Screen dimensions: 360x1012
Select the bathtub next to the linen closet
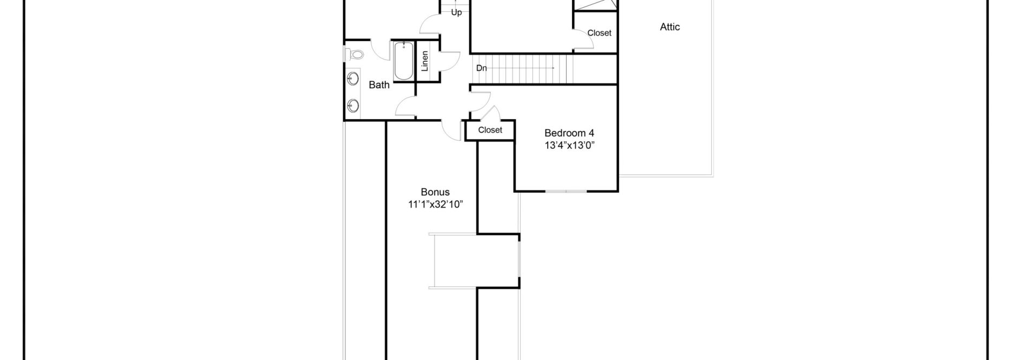(x=402, y=61)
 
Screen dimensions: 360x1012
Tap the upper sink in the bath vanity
(x=353, y=80)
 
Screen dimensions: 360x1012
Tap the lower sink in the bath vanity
(x=353, y=105)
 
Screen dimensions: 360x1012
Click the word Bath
(x=379, y=85)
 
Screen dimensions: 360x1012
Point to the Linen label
(x=425, y=61)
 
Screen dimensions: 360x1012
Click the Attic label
(x=669, y=27)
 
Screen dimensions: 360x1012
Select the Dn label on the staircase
(x=481, y=68)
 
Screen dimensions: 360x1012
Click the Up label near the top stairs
(x=456, y=12)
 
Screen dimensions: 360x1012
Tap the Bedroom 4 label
(x=569, y=133)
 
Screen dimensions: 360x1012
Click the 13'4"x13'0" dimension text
(x=569, y=145)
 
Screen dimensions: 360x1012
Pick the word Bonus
(x=435, y=192)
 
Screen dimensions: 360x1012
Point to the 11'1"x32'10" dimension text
(x=435, y=205)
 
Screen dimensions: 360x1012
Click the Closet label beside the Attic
(x=599, y=33)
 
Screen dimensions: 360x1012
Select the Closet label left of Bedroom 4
(x=490, y=130)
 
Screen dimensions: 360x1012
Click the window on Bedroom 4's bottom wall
(x=566, y=191)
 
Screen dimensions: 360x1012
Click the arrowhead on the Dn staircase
(x=552, y=68)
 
